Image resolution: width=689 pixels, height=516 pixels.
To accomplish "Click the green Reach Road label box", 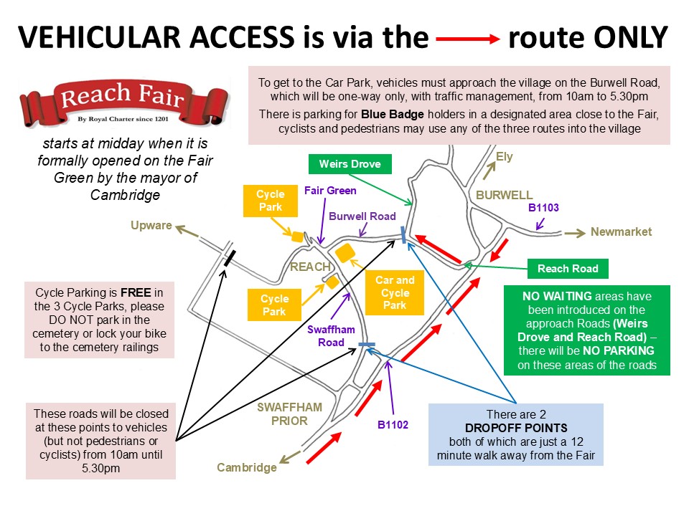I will pyautogui.click(x=568, y=269).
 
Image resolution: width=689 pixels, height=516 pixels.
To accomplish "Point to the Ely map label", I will pyautogui.click(x=505, y=157).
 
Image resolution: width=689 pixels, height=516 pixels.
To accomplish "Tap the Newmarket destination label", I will pyautogui.click(x=621, y=231).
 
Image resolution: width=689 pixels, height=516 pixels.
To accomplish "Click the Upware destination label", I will pyautogui.click(x=151, y=226).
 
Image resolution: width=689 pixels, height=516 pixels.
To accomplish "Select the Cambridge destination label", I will pyautogui.click(x=247, y=468).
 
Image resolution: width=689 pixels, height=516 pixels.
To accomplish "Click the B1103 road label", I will pyautogui.click(x=543, y=208).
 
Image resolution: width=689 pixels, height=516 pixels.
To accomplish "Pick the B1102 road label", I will pyautogui.click(x=393, y=424).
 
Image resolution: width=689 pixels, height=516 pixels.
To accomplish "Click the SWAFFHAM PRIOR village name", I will pyautogui.click(x=290, y=414).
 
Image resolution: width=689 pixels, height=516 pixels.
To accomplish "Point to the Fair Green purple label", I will pyautogui.click(x=330, y=191).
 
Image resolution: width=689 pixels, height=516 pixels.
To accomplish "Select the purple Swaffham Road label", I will pyautogui.click(x=326, y=335).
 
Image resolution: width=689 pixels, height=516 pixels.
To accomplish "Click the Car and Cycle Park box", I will pyautogui.click(x=395, y=292).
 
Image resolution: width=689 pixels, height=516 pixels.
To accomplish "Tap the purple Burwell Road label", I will pyautogui.click(x=362, y=216).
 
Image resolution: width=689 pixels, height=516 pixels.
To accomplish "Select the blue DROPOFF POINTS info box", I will pyautogui.click(x=515, y=435).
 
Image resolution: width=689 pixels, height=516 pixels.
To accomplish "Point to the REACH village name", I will pyautogui.click(x=309, y=267).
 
